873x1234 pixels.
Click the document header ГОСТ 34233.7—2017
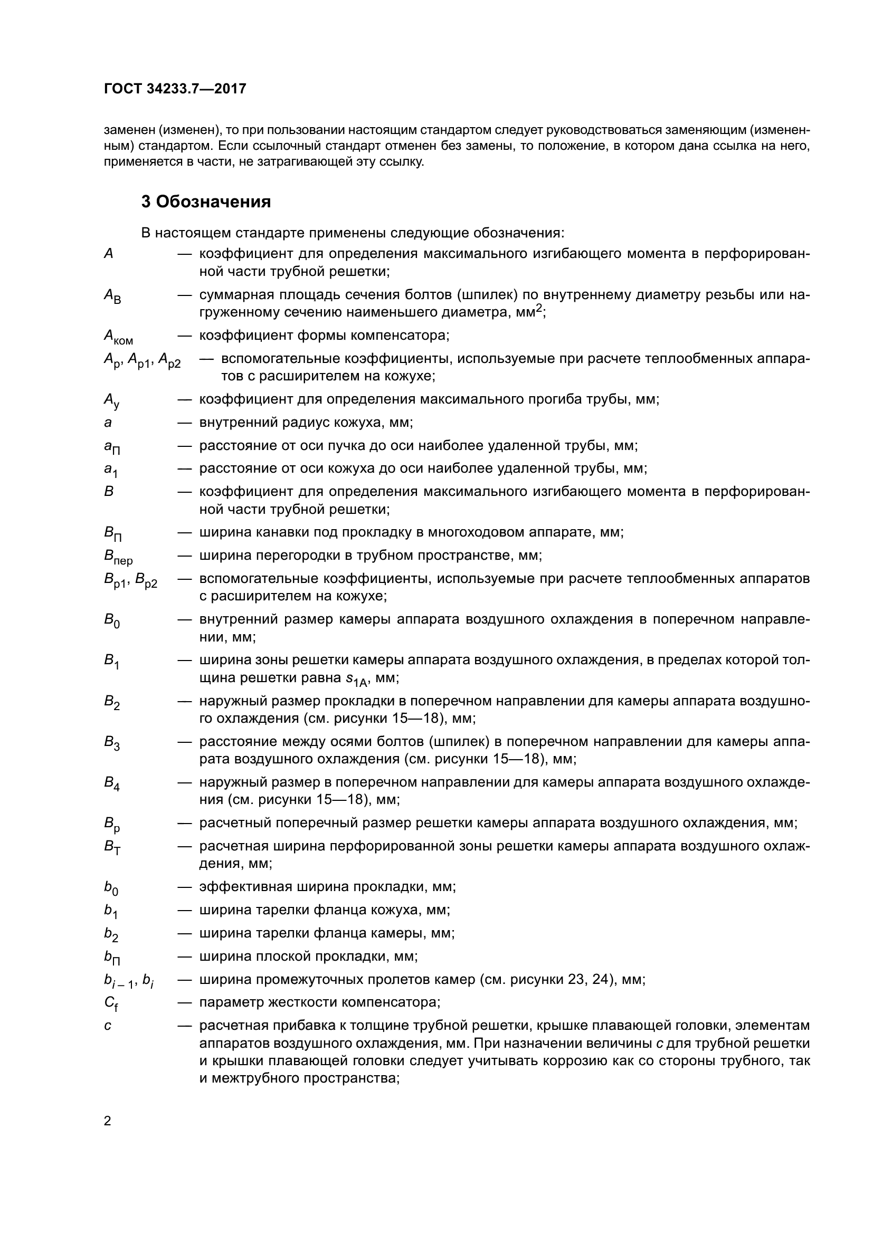click(x=175, y=89)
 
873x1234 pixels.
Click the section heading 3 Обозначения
click(x=206, y=202)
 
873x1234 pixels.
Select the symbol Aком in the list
click(x=118, y=337)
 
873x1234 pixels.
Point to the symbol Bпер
click(x=118, y=557)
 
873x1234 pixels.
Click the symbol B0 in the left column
click(x=112, y=621)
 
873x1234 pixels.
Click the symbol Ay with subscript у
click(x=112, y=400)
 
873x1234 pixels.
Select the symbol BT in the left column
click(x=112, y=848)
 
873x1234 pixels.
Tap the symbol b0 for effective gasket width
click(x=111, y=888)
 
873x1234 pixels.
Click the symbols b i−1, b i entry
click(x=129, y=981)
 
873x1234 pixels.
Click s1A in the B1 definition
click(x=356, y=680)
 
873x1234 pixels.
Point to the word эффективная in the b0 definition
click(x=234, y=887)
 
